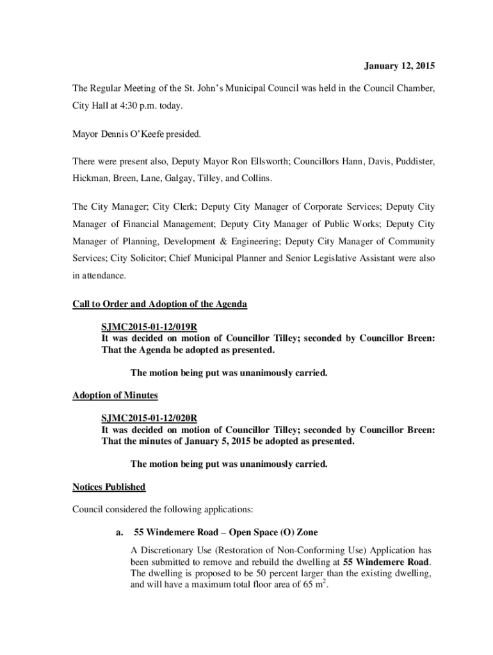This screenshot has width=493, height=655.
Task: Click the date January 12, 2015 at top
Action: pos(400,66)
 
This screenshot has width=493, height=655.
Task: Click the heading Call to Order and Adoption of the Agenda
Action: pos(159,304)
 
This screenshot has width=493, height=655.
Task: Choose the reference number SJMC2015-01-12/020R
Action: pos(149,418)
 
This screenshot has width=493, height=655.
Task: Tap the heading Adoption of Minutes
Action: pos(115,396)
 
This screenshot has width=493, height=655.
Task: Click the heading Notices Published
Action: pos(109,487)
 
